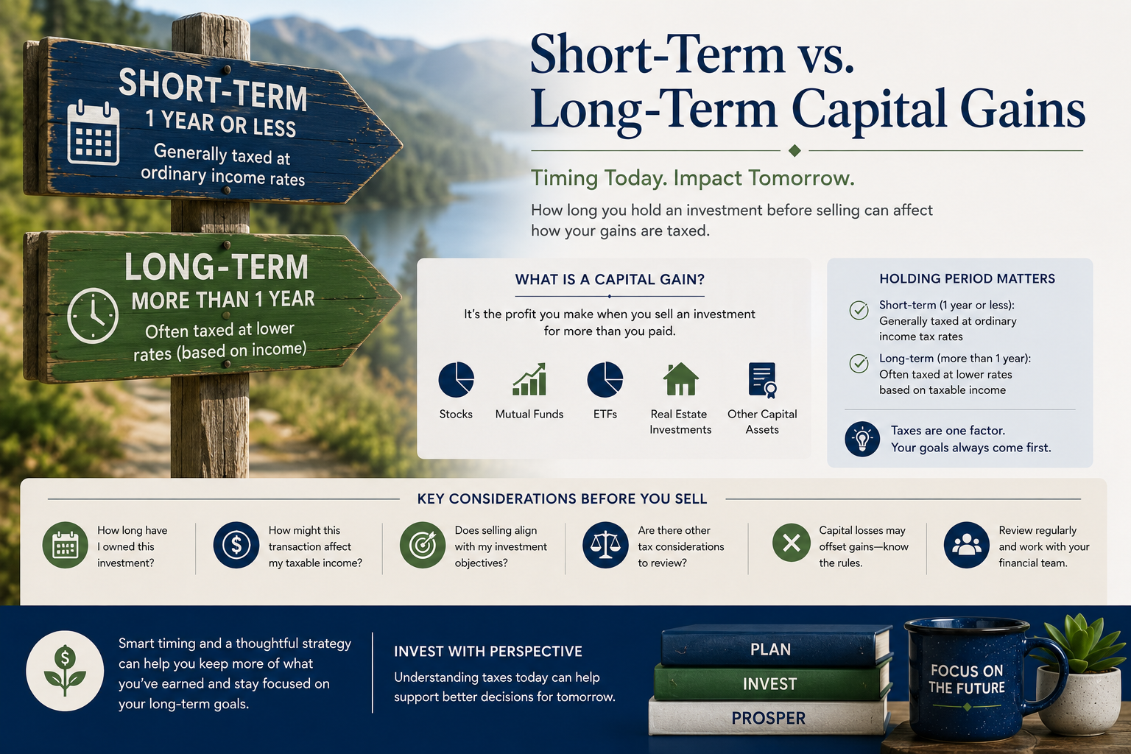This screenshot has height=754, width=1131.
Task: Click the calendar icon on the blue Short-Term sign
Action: tap(94, 133)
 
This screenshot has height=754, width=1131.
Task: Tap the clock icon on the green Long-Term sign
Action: tap(93, 316)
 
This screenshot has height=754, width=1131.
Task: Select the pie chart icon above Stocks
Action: tap(456, 379)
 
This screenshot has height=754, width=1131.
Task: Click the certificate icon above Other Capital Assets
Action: tap(762, 380)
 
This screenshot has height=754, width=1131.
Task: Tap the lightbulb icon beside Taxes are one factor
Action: tap(862, 439)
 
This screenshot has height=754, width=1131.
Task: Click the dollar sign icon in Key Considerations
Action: tap(236, 546)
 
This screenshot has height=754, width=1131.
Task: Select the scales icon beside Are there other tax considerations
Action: tap(605, 546)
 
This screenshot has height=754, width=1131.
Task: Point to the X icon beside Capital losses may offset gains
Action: tap(792, 543)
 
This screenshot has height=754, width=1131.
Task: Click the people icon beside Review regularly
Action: tap(966, 545)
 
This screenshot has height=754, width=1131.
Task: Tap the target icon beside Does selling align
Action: tap(423, 546)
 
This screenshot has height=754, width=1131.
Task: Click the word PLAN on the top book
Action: tap(770, 649)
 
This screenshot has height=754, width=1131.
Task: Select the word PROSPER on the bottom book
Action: tap(769, 718)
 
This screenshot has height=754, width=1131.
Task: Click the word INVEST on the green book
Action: tap(769, 684)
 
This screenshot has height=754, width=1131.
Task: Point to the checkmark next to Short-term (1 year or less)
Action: tap(859, 309)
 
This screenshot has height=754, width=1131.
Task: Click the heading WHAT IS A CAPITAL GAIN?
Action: tap(610, 279)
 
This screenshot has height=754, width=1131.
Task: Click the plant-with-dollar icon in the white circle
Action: tap(65, 670)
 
